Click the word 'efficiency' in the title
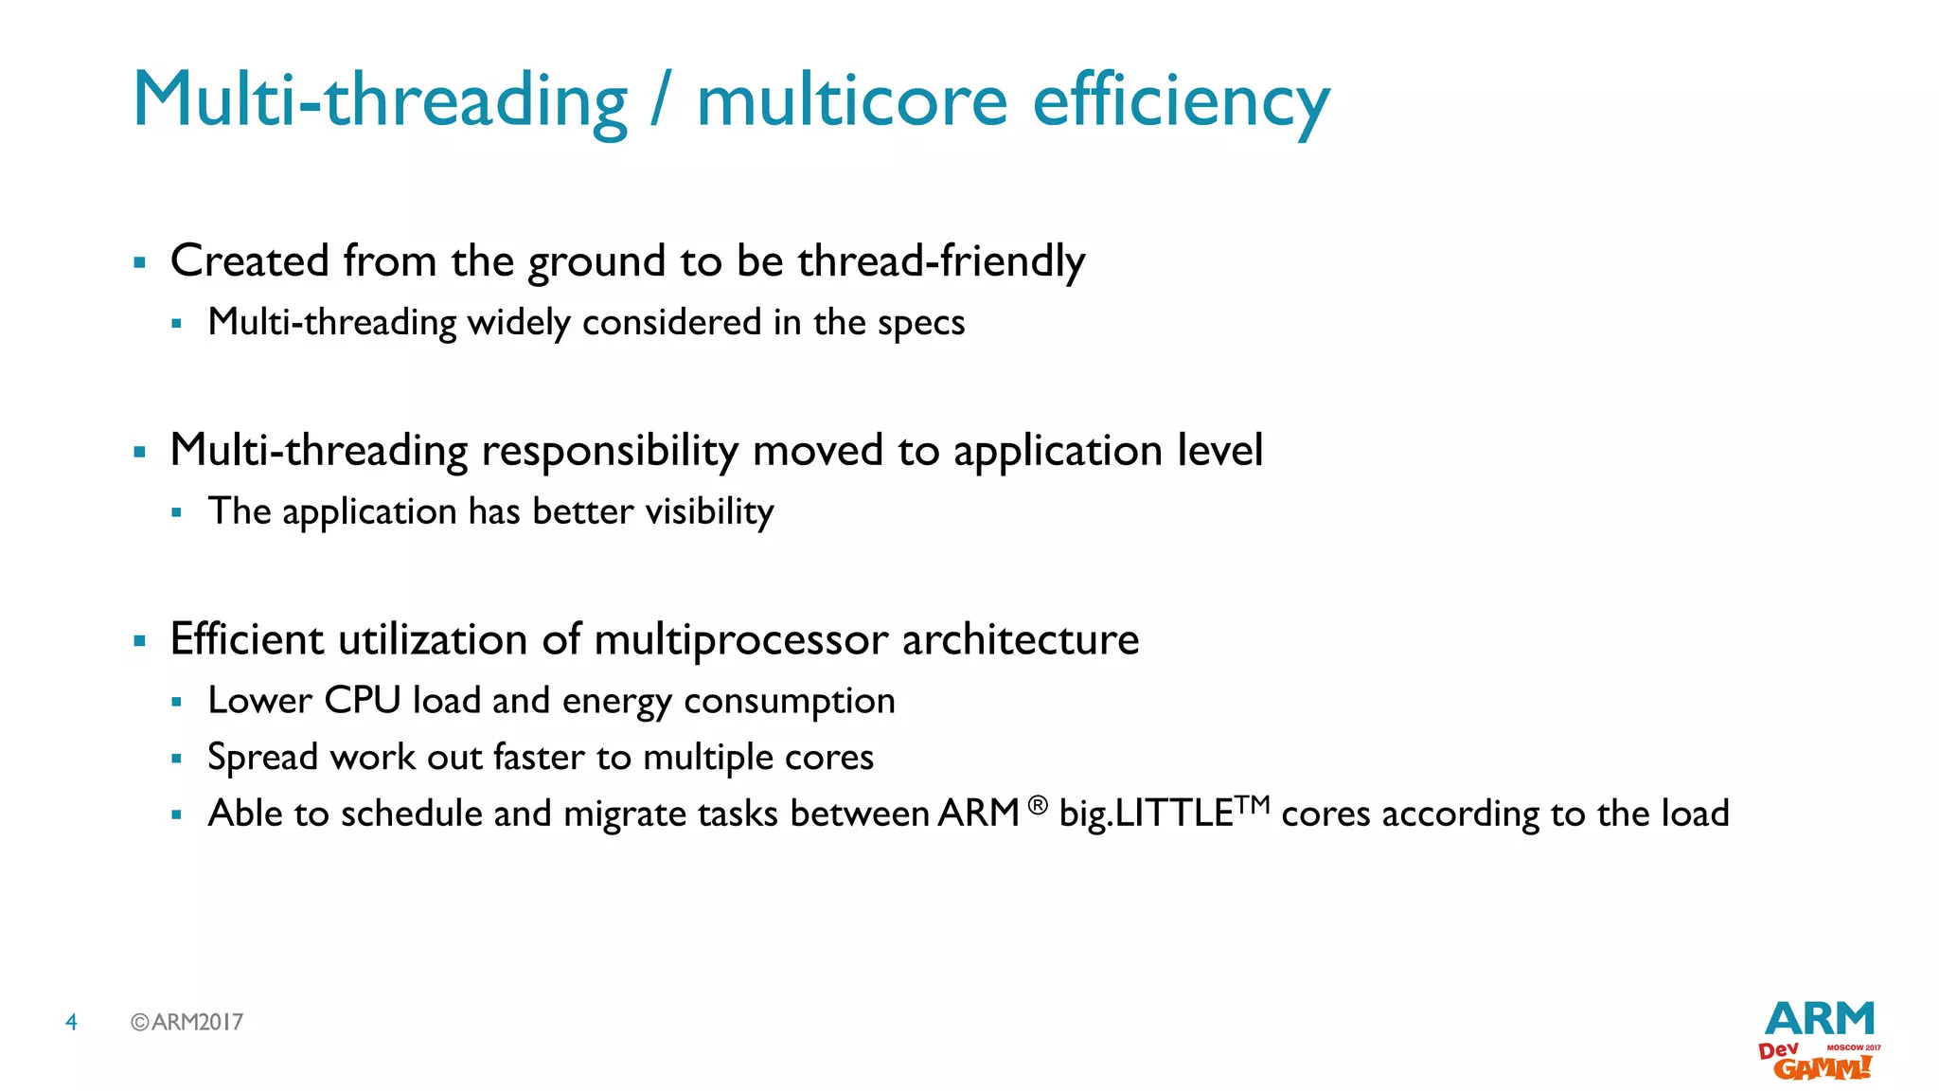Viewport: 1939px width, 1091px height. tap(1181, 102)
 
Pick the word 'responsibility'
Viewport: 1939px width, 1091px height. tap(610, 452)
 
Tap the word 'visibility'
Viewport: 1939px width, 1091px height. tap(709, 512)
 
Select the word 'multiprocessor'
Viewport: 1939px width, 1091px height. tap(741, 641)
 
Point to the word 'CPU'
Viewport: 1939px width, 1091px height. tap(363, 701)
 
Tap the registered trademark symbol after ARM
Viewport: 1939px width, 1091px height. tap(1038, 805)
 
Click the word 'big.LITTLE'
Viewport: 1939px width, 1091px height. tap(1146, 814)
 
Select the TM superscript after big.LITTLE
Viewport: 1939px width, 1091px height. tap(1253, 804)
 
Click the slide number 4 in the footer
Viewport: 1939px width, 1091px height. tap(71, 1022)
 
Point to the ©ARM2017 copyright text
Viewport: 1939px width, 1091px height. tap(187, 1022)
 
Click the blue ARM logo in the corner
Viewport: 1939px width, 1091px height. tap(1819, 1019)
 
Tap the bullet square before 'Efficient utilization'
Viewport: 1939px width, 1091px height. tap(140, 641)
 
